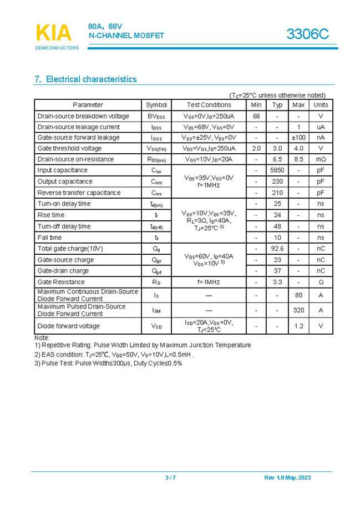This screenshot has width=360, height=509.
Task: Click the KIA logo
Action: [x=54, y=33]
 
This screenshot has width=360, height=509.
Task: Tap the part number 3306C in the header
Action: [x=307, y=34]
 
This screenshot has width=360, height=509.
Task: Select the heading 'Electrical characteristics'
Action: [x=85, y=79]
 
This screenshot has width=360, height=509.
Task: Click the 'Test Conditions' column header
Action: [x=209, y=105]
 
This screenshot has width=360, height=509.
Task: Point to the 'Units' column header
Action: [x=321, y=105]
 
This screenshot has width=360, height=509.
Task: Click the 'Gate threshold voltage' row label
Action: [x=69, y=149]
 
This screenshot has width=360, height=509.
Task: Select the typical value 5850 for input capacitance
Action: [x=277, y=170]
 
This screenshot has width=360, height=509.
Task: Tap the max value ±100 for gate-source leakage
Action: [x=298, y=138]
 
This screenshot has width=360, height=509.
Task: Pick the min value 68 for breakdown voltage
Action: [x=256, y=116]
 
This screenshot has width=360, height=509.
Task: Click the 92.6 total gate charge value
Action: [x=277, y=249]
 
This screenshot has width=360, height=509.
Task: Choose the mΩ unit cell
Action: [x=321, y=159]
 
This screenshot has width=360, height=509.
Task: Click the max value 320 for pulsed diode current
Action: [x=298, y=310]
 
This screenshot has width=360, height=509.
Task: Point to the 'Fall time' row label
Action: [x=50, y=238]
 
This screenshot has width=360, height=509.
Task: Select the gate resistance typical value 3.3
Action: [x=277, y=282]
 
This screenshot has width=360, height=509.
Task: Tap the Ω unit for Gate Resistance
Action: [x=321, y=282]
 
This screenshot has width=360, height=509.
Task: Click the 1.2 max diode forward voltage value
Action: [x=298, y=326]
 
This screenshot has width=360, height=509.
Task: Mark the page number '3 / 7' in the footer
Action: [x=170, y=478]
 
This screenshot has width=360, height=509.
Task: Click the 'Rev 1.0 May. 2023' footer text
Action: [x=288, y=478]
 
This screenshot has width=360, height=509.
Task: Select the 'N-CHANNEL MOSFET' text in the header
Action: [x=126, y=36]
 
